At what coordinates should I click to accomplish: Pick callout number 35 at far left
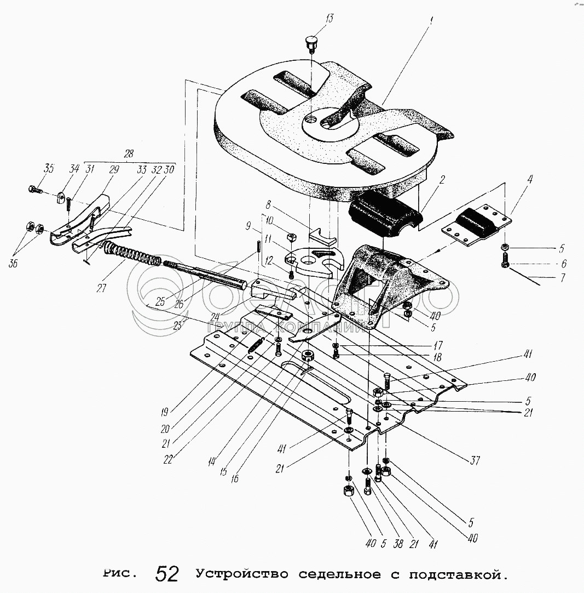pos(49,169)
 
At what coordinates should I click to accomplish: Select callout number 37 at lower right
pos(475,460)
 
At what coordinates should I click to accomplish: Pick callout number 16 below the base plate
pos(234,478)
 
